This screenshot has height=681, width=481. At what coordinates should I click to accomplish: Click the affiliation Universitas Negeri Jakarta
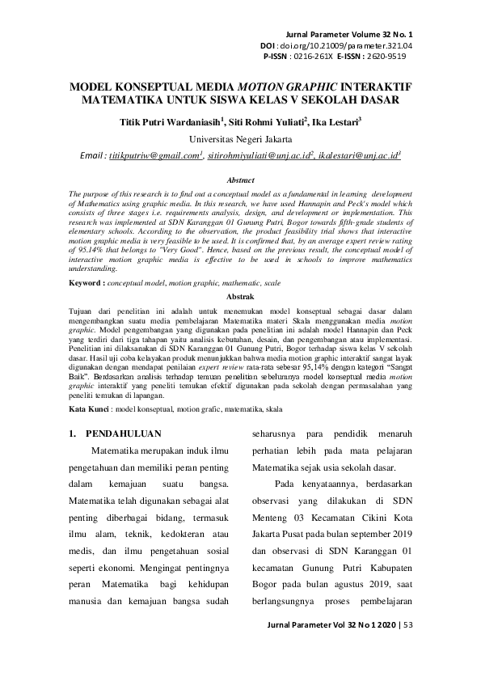tap(240, 139)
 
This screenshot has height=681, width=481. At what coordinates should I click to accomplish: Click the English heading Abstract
tap(240, 180)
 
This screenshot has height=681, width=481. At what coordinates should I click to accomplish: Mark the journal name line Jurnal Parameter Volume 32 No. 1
tap(350, 36)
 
